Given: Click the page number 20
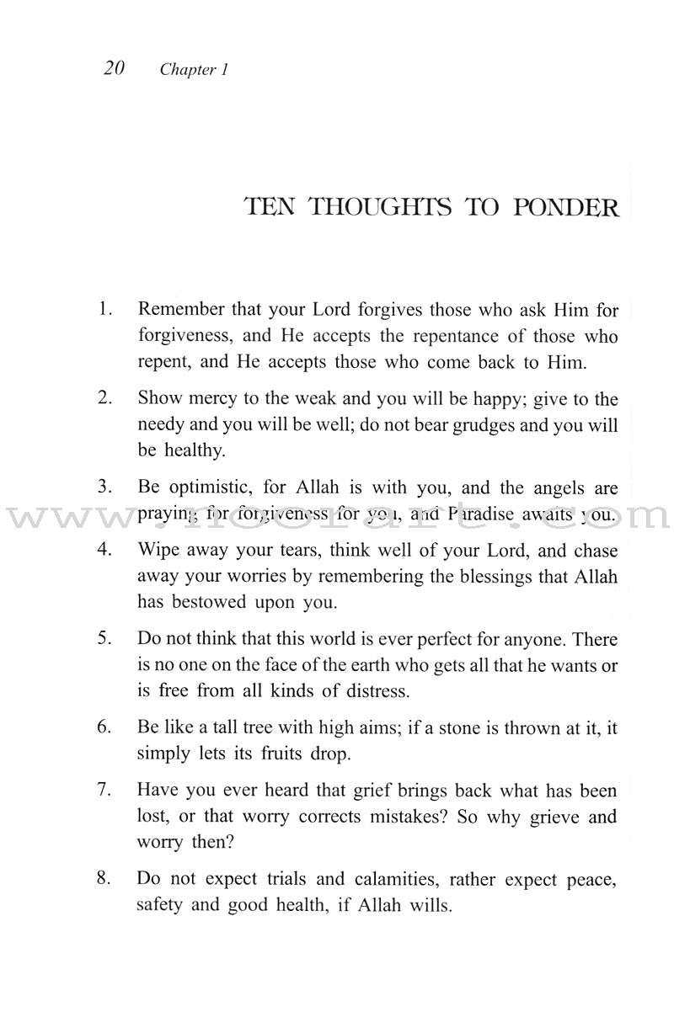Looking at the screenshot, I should [114, 69].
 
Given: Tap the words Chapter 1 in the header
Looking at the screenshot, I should [194, 71].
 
